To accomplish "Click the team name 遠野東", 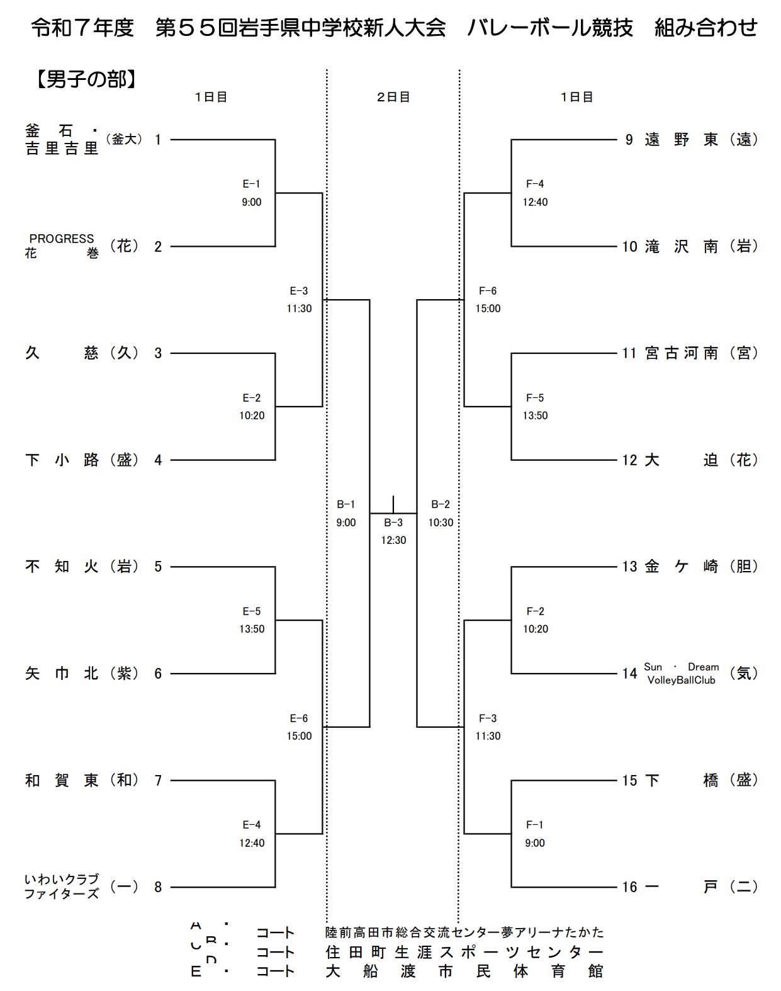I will pos(681,140).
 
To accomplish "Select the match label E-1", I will pos(251,184).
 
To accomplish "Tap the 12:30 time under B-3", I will pos(393,540).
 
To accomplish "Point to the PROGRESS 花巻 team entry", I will pos(62,246).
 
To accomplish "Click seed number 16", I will pos(630,887).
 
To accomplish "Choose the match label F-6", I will pos(488,291).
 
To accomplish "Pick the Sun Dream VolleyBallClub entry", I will pos(681,674).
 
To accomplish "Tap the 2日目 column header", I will pos(393,97).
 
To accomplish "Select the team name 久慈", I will pos(62,353).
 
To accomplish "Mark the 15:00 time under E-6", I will pos(299,736).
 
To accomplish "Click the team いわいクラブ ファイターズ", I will pos(62,886).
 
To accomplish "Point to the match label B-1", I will pos(346,504).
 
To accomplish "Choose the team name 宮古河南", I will pos(681,353).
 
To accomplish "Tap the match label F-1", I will pos(535,825).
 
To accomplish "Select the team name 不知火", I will pos(62,567).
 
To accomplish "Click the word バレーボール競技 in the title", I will pos(549,28).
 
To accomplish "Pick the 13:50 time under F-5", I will pos(535,416).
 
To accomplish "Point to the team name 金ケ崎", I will pos(681,567).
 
